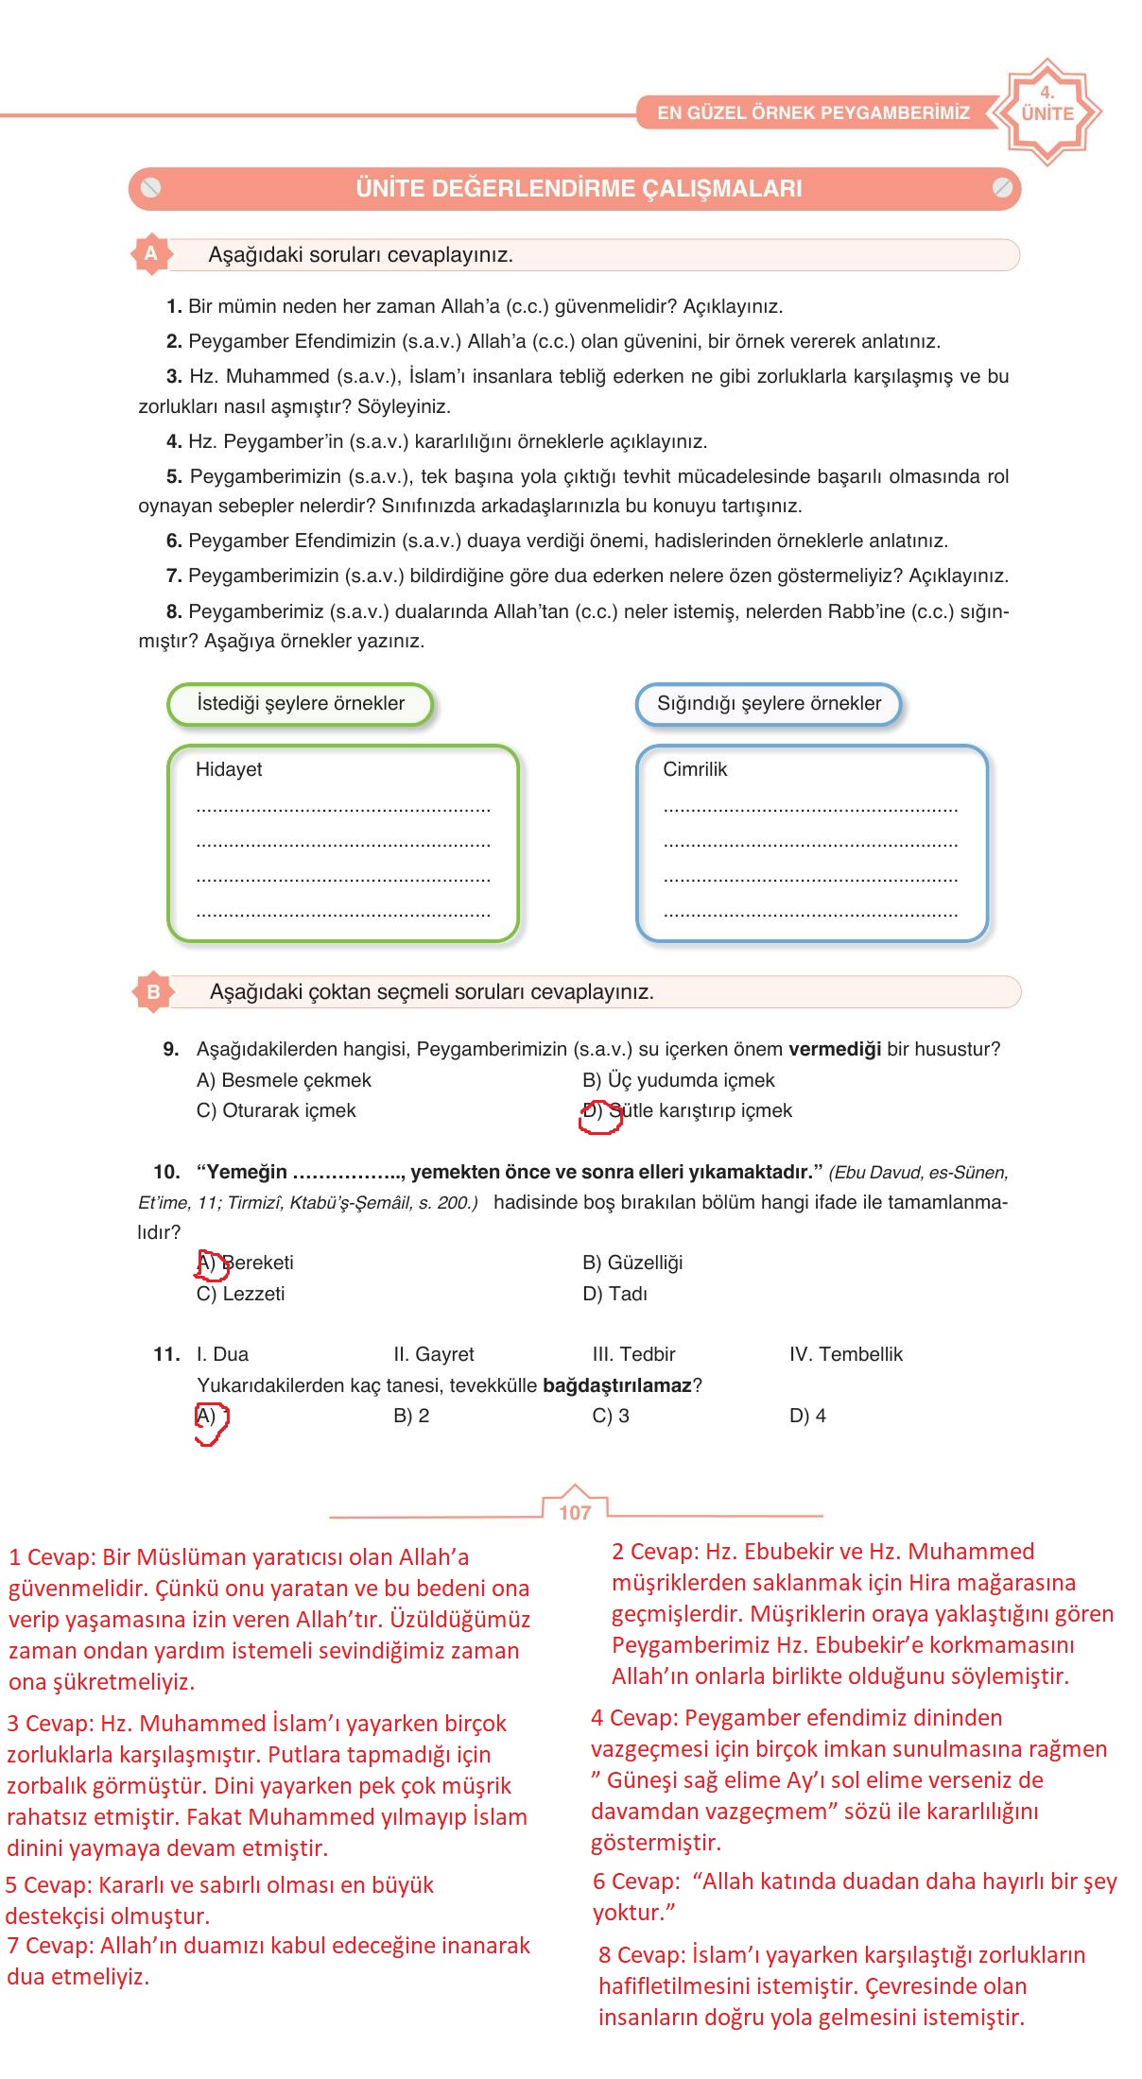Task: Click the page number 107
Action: click(x=575, y=1512)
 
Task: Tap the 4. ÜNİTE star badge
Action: click(x=1047, y=112)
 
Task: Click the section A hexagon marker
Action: click(x=150, y=254)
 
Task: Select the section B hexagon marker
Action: click(x=153, y=992)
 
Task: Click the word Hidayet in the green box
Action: click(x=229, y=769)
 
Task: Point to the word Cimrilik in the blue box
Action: click(x=695, y=769)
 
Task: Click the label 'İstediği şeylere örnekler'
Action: click(x=300, y=704)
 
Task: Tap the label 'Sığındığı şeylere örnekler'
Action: click(x=769, y=704)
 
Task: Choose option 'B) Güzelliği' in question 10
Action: click(x=632, y=1263)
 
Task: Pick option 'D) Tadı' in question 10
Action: click(x=614, y=1294)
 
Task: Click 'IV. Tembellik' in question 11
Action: click(x=846, y=1354)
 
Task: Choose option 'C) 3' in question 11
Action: click(x=611, y=1416)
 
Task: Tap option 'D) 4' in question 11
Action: click(x=807, y=1416)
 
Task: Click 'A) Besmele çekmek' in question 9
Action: click(x=284, y=1080)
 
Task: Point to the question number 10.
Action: click(x=166, y=1173)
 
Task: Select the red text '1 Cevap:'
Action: click(x=52, y=1557)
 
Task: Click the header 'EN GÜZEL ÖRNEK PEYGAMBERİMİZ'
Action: click(x=813, y=113)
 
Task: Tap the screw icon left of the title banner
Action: click(x=150, y=188)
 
